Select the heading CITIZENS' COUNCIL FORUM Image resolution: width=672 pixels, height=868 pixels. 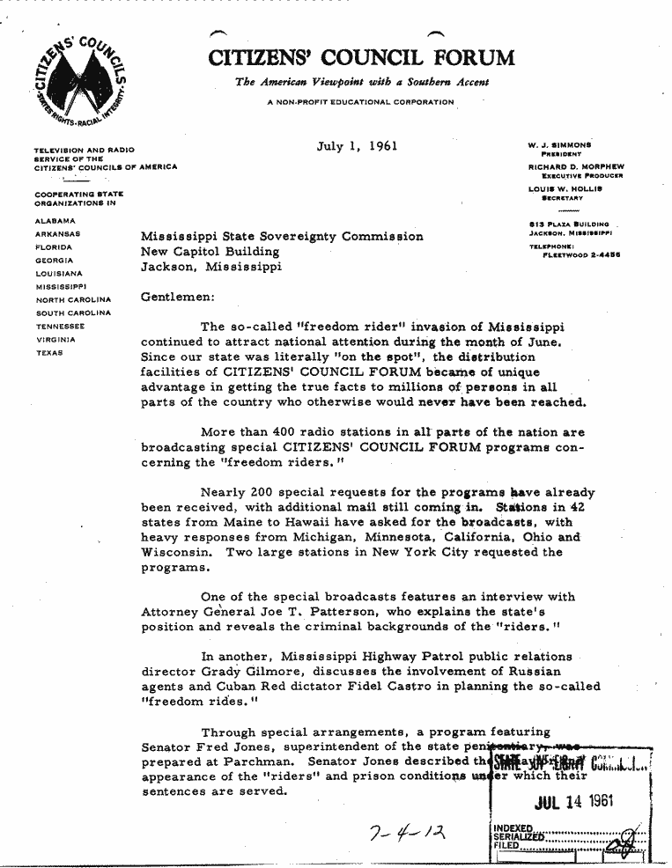click(x=361, y=58)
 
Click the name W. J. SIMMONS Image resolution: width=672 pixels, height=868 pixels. click(x=560, y=144)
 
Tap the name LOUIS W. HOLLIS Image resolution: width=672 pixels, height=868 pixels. click(x=564, y=189)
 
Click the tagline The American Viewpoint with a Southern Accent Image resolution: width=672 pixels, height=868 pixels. click(x=361, y=83)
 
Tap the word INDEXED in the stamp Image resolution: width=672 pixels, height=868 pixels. click(x=513, y=828)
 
